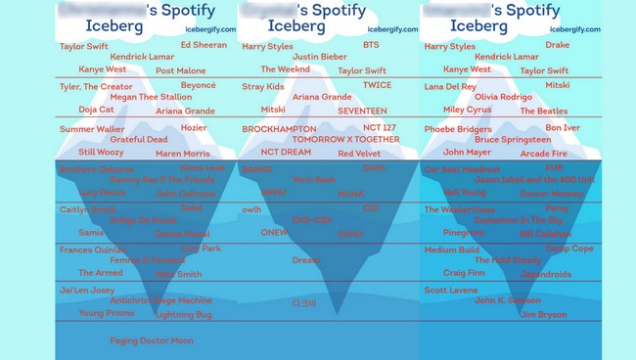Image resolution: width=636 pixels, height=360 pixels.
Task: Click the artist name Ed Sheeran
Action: tap(204, 45)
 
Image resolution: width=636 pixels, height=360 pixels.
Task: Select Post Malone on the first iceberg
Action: tap(180, 71)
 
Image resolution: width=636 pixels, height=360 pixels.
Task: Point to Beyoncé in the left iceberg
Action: tap(199, 85)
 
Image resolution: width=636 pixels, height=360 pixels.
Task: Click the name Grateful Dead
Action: tap(138, 140)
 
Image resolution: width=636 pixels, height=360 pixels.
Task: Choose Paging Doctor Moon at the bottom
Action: tap(151, 341)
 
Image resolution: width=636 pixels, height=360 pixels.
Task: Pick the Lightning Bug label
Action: tap(183, 315)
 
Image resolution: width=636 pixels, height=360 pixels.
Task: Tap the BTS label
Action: tap(371, 45)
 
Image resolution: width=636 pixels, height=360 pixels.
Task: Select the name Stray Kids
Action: tap(263, 86)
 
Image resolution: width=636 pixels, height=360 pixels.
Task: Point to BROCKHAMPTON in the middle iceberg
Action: tap(279, 129)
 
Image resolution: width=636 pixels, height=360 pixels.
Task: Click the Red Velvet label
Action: tap(359, 154)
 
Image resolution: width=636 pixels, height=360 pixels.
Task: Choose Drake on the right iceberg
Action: tap(557, 45)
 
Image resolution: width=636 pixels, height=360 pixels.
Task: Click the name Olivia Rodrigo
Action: tap(503, 97)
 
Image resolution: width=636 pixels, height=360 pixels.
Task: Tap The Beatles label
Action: tap(543, 112)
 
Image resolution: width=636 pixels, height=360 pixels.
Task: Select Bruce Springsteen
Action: tap(511, 140)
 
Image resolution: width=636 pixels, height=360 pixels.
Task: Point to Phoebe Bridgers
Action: tap(458, 129)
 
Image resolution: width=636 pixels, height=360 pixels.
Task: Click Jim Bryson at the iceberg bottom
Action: tap(542, 315)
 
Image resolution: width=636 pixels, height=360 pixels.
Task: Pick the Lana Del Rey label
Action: tap(450, 86)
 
